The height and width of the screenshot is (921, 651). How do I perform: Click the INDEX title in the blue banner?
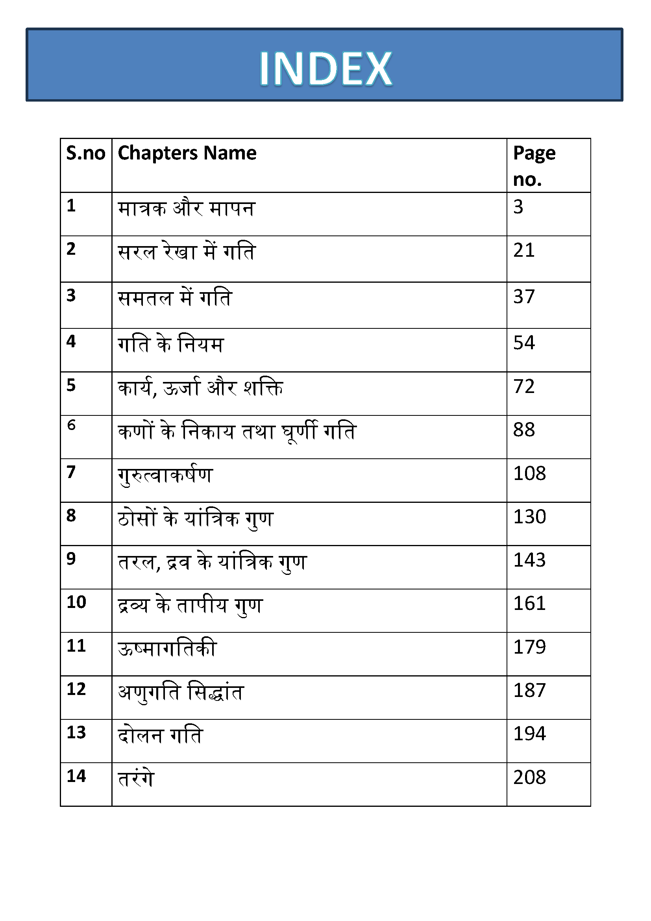point(325,69)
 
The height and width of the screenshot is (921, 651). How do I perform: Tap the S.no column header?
point(86,153)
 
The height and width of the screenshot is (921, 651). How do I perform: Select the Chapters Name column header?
point(187,153)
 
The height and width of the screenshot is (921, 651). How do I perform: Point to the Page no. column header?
point(534,166)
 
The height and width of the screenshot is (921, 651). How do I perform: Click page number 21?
point(523,250)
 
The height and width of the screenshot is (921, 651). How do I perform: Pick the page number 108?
point(529,473)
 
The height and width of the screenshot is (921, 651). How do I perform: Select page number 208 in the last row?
point(529,777)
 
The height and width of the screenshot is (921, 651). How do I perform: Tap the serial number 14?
point(76,776)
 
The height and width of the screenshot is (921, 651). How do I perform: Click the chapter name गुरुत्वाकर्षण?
point(165,476)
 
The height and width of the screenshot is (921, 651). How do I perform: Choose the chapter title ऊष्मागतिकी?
point(167,649)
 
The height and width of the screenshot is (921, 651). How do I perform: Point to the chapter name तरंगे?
point(136,778)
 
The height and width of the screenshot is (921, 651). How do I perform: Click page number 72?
point(523,386)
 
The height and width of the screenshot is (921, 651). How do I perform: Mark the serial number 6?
point(71,425)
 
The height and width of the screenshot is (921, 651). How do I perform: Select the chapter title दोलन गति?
point(160,735)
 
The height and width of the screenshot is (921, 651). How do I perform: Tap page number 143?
point(529,560)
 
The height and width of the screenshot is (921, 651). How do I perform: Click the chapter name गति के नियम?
point(171,345)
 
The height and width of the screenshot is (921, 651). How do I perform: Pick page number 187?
point(529,690)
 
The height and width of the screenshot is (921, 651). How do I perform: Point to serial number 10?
point(76,602)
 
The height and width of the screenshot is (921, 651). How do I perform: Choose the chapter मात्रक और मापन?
point(187,209)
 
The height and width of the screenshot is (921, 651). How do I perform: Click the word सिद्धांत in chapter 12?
point(215,692)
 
